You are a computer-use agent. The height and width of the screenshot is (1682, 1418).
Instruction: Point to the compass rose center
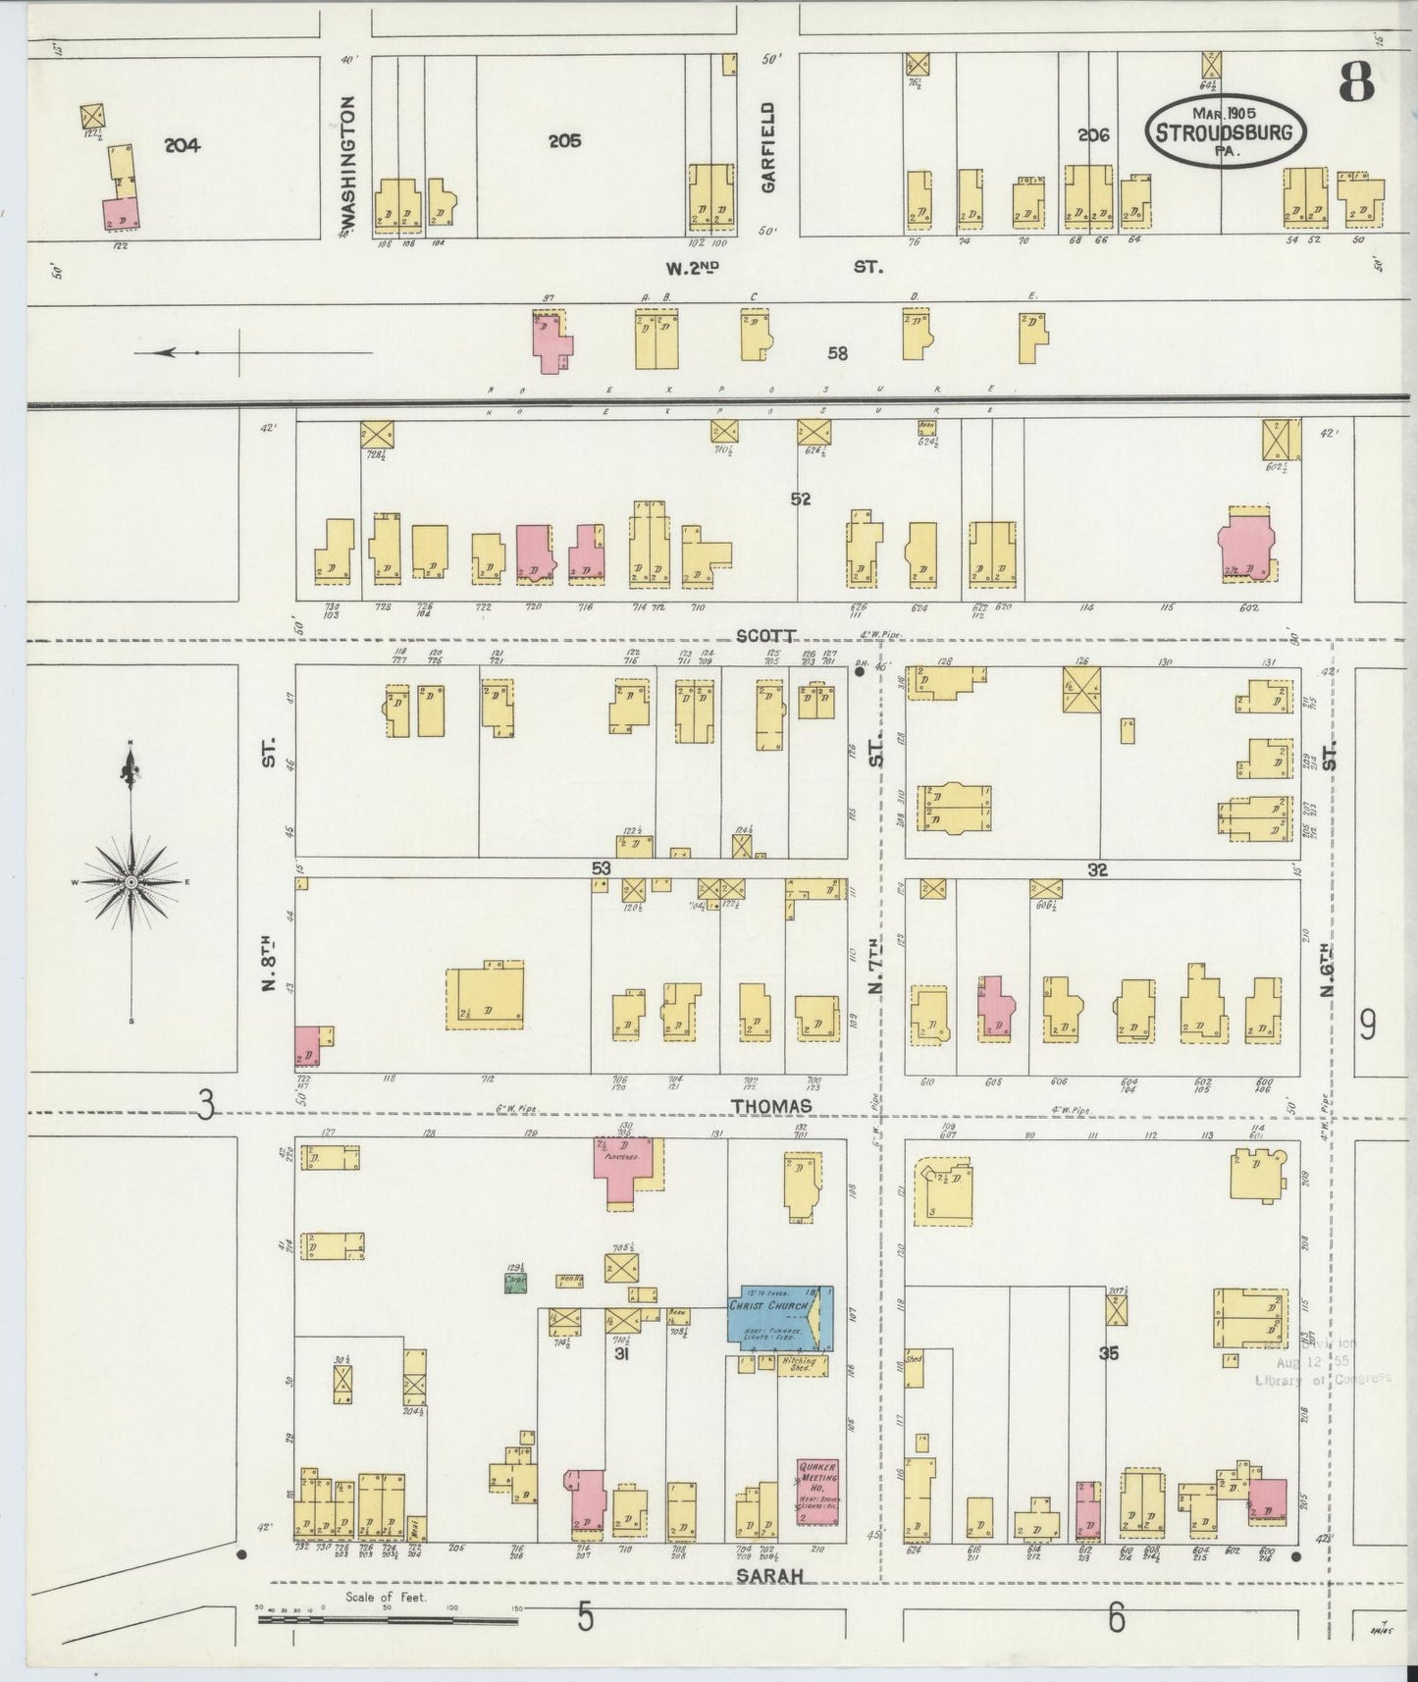click(x=131, y=883)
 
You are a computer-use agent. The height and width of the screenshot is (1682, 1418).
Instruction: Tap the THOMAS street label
click(x=771, y=1106)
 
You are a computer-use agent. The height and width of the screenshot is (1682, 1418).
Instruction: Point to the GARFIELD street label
click(x=768, y=147)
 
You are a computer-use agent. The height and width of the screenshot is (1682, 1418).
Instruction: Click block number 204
click(x=182, y=145)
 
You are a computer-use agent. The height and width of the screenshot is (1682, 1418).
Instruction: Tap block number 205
click(x=564, y=141)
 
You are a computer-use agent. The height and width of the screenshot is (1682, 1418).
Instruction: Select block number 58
click(x=837, y=353)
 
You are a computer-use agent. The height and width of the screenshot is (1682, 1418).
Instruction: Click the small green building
click(x=515, y=1286)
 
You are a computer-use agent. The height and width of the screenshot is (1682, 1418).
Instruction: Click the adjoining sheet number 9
click(x=1367, y=1025)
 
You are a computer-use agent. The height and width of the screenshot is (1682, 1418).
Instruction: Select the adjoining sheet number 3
click(x=205, y=1106)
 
